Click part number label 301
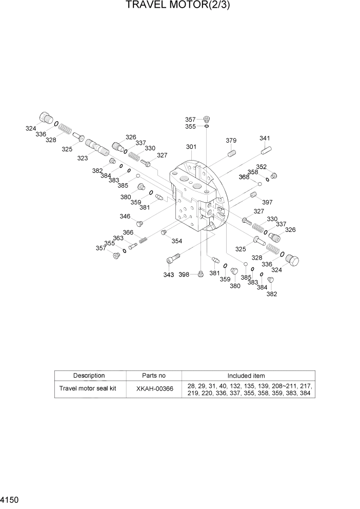point(191,147)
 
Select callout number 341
point(265,138)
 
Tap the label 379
point(231,141)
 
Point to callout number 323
point(83,158)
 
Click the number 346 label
point(125,217)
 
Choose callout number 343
point(168,275)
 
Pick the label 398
point(184,275)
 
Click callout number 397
point(267,202)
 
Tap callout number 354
point(176,241)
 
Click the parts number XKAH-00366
point(154,389)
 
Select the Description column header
point(89,376)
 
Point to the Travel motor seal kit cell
point(89,388)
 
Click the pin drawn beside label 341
point(265,150)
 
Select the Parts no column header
point(154,376)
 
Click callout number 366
point(128,232)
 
